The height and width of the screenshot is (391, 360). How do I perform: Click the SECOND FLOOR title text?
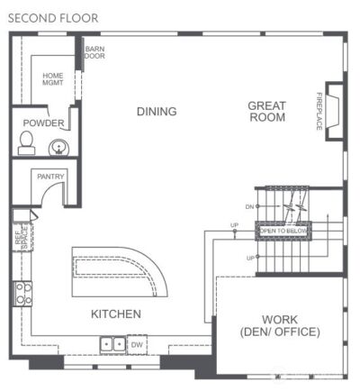pos(53,17)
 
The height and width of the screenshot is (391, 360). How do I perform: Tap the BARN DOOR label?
pos(94,52)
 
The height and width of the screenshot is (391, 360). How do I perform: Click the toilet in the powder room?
pos(27,142)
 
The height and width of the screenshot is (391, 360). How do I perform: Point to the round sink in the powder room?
pos(59,147)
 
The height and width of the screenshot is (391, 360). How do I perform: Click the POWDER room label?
pos(42,123)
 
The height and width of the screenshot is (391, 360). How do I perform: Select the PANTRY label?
pos(49,177)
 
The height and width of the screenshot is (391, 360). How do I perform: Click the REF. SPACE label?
pos(20,235)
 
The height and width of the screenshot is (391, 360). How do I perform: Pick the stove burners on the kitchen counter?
pos(22,293)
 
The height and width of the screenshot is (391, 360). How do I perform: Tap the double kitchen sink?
pos(112,344)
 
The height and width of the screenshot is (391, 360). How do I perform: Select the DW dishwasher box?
pos(136,344)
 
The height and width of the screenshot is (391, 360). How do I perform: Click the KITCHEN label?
pos(115,314)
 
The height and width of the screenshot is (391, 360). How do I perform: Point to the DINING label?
pos(157,112)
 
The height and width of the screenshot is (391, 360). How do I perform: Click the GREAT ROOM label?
pos(266,112)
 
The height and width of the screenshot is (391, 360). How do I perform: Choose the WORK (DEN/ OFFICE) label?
pos(279,326)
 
